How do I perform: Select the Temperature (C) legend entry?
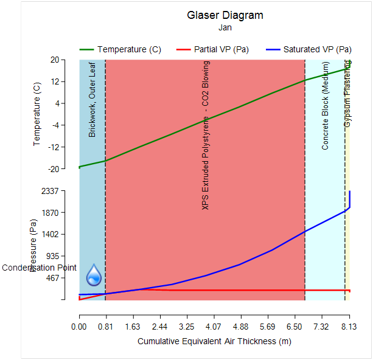pyautogui.click(x=128, y=49)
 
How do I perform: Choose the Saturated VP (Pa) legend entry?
pyautogui.click(x=317, y=49)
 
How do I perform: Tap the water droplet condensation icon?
pyautogui.click(x=94, y=275)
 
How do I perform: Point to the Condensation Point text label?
pyautogui.click(x=40, y=268)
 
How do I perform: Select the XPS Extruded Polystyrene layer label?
pyautogui.click(x=206, y=135)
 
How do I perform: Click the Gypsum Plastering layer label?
pyautogui.click(x=347, y=94)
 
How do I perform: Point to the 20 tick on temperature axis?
pyautogui.click(x=55, y=60)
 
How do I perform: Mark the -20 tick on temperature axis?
pyautogui.click(x=54, y=168)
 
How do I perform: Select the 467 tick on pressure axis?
pyautogui.click(x=54, y=278)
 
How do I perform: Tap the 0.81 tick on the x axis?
pyautogui.click(x=106, y=327)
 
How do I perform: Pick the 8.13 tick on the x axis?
pyautogui.click(x=349, y=327)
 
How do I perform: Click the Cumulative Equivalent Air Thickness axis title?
pyautogui.click(x=214, y=341)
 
